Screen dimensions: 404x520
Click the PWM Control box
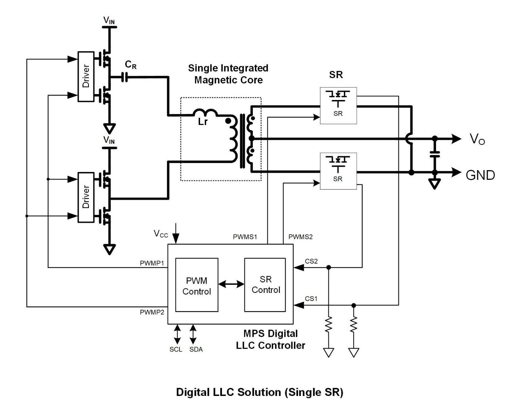click(x=197, y=285)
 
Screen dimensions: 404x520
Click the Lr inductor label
click(x=203, y=122)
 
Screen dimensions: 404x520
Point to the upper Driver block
click(x=86, y=76)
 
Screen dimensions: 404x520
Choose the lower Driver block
click(x=86, y=197)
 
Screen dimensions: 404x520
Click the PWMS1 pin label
click(x=245, y=237)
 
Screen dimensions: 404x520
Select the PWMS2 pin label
click(x=300, y=237)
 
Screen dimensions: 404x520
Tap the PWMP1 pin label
click(x=152, y=263)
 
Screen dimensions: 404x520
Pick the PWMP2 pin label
click(x=152, y=312)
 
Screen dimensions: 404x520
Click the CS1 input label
click(x=311, y=299)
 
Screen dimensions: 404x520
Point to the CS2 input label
click(x=311, y=261)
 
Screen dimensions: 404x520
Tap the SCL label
click(x=176, y=349)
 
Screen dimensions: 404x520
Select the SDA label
click(x=196, y=349)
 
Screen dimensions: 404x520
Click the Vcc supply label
click(x=161, y=234)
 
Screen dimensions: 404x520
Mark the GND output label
click(x=480, y=175)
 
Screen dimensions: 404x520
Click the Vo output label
click(x=477, y=139)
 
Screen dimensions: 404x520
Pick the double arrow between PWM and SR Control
click(x=231, y=284)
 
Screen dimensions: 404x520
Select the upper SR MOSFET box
click(x=338, y=106)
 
